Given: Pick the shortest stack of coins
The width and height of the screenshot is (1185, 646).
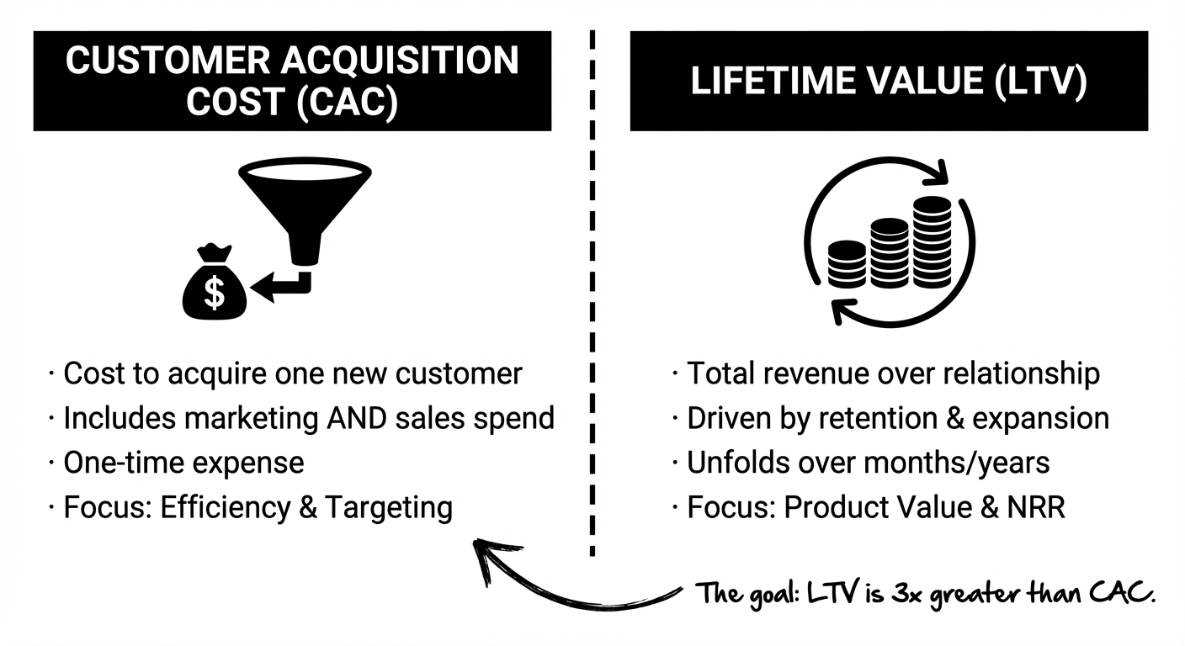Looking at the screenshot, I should coord(847,262).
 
